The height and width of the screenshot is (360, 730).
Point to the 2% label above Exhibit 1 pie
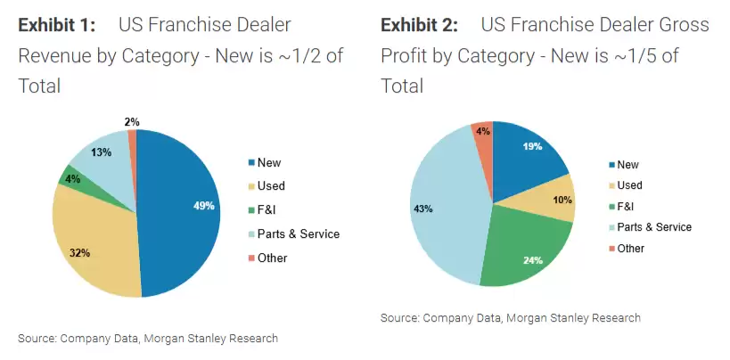click(x=132, y=121)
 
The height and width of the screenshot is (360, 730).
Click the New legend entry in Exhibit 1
click(x=268, y=162)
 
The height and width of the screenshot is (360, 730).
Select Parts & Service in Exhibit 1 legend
click(x=298, y=234)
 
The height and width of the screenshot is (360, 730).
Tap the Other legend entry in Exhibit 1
click(x=271, y=258)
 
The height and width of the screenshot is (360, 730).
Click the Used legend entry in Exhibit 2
click(x=629, y=185)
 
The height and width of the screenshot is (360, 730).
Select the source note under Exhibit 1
click(x=148, y=339)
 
